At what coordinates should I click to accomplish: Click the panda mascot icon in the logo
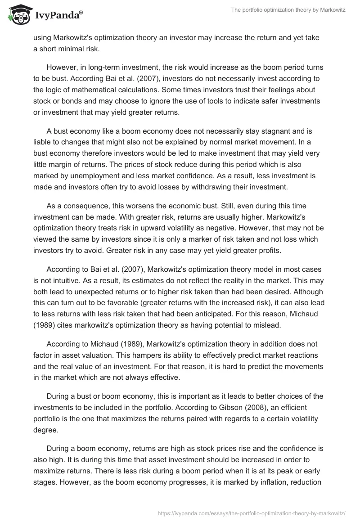click(17, 15)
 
